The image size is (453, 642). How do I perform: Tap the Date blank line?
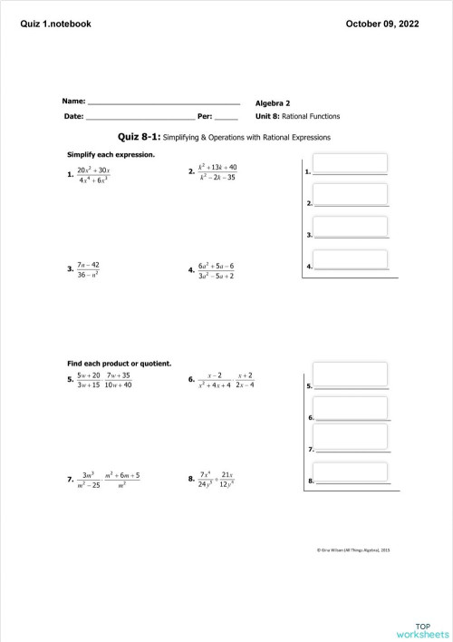(x=140, y=117)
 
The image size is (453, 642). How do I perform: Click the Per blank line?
(x=226, y=117)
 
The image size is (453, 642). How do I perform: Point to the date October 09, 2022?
(x=382, y=24)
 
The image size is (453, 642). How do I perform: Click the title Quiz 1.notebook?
(x=56, y=24)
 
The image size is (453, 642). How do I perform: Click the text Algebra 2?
(x=273, y=103)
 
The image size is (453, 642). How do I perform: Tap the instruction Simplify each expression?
(x=105, y=154)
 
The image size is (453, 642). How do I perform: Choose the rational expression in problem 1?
(x=93, y=175)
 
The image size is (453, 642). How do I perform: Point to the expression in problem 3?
(x=88, y=269)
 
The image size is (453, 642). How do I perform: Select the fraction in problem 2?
(x=217, y=172)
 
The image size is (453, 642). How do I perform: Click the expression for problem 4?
(x=217, y=269)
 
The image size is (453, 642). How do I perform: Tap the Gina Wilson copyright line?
(x=353, y=550)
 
